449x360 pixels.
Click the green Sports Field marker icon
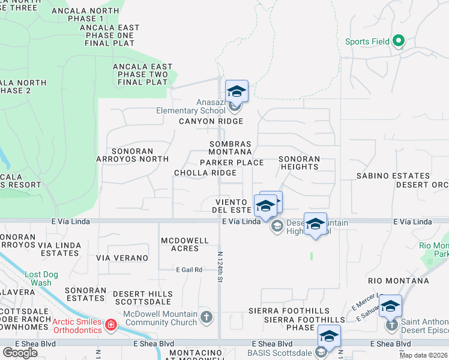399,41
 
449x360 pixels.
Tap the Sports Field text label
367,42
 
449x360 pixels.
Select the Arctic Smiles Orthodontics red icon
110,325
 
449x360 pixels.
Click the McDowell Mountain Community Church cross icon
206,316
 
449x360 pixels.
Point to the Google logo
20,352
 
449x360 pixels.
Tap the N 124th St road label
221,267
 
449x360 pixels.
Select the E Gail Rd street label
189,270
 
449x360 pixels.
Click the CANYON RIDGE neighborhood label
211,121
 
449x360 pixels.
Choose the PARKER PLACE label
232,163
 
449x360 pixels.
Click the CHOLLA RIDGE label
205,173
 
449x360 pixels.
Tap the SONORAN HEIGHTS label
299,163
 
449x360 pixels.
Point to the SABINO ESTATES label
393,176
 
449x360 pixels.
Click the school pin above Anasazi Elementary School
237,91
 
